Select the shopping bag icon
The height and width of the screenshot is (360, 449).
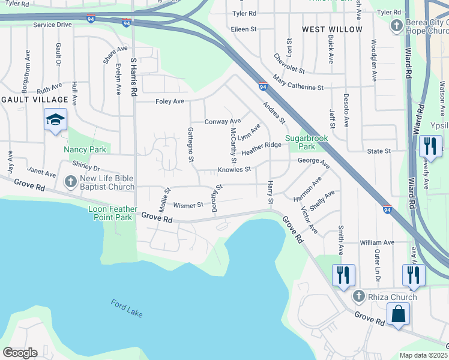(398, 314)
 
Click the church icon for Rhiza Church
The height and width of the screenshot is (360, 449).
(358, 296)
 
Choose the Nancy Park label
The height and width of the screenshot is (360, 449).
(85, 149)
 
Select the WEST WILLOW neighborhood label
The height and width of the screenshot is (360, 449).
(332, 29)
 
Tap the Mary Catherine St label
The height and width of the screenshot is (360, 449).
(298, 83)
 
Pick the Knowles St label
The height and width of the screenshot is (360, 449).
(234, 170)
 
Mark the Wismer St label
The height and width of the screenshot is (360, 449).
(188, 205)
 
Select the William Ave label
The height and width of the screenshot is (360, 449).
(376, 242)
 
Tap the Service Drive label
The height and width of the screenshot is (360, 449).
(52, 25)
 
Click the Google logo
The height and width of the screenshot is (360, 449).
(20, 353)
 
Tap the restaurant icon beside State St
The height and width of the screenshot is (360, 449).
(430, 146)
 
